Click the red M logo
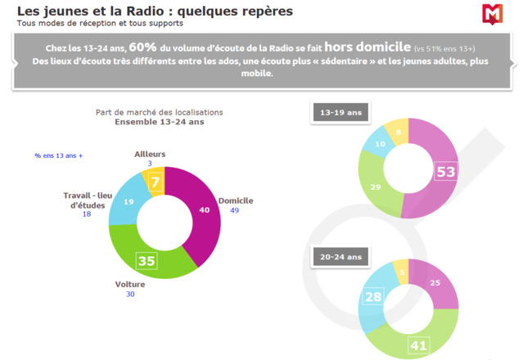pyautogui.click(x=493, y=14)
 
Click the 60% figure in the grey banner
pyautogui.click(x=144, y=47)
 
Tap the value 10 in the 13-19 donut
pyautogui.click(x=380, y=145)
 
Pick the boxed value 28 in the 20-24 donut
pyautogui.click(x=372, y=296)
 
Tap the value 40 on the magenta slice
pyautogui.click(x=204, y=209)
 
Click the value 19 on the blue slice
pyautogui.click(x=128, y=201)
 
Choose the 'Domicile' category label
pyautogui.click(x=235, y=200)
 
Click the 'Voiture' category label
pyautogui.click(x=129, y=285)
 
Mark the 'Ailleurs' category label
pyautogui.click(x=150, y=154)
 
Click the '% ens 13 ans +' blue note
pyautogui.click(x=58, y=155)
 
